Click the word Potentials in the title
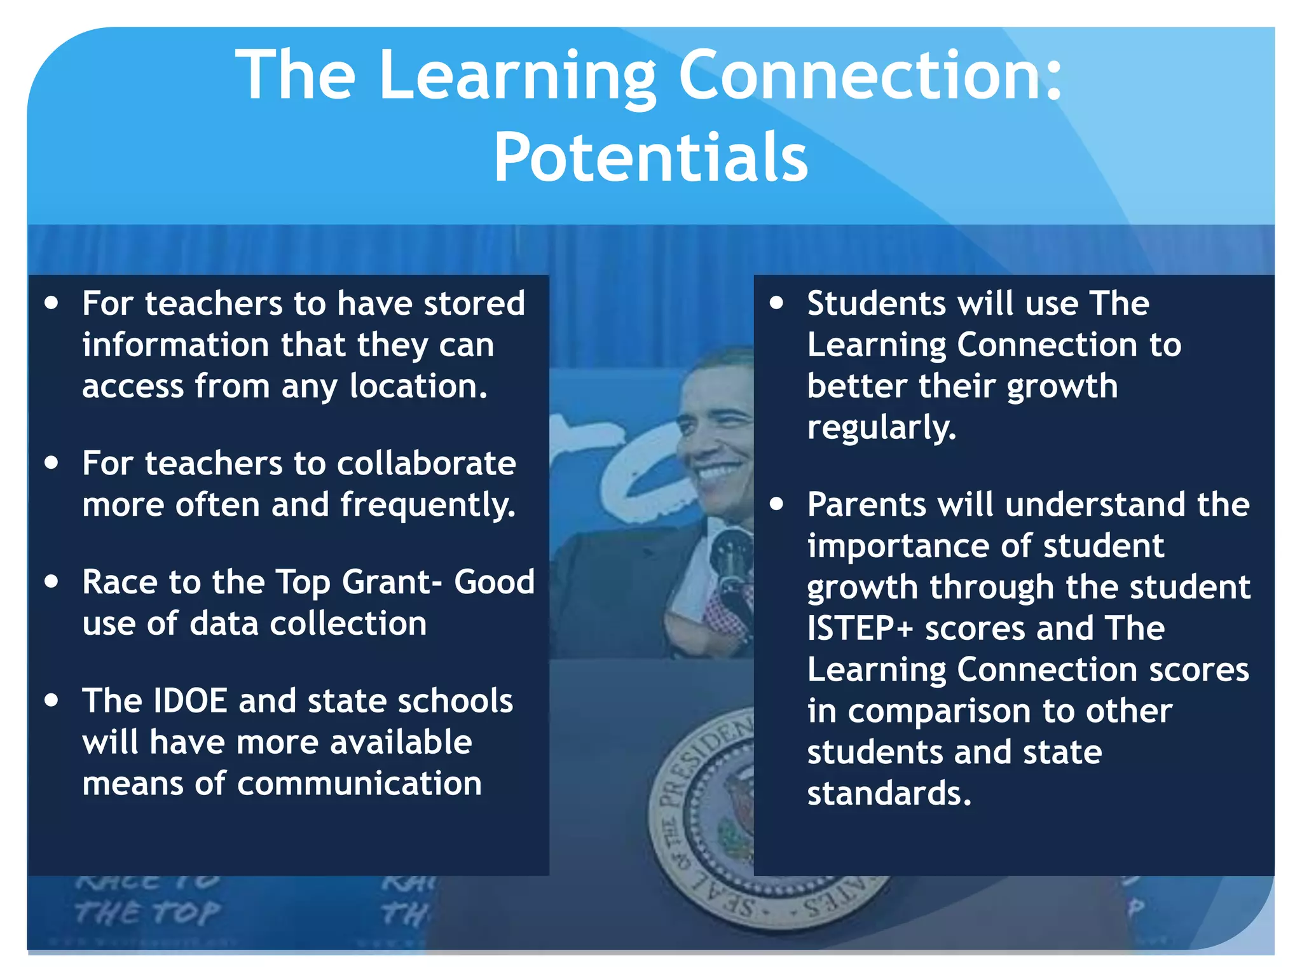[650, 157]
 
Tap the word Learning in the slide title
[517, 76]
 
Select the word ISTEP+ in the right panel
[860, 628]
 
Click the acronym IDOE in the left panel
[191, 701]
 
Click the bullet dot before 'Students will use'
[776, 303]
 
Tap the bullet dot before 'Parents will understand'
[776, 504]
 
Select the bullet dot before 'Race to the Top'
[52, 581]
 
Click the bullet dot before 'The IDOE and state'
[52, 700]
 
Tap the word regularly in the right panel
[881, 427]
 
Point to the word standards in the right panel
[889, 794]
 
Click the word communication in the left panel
[359, 784]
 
